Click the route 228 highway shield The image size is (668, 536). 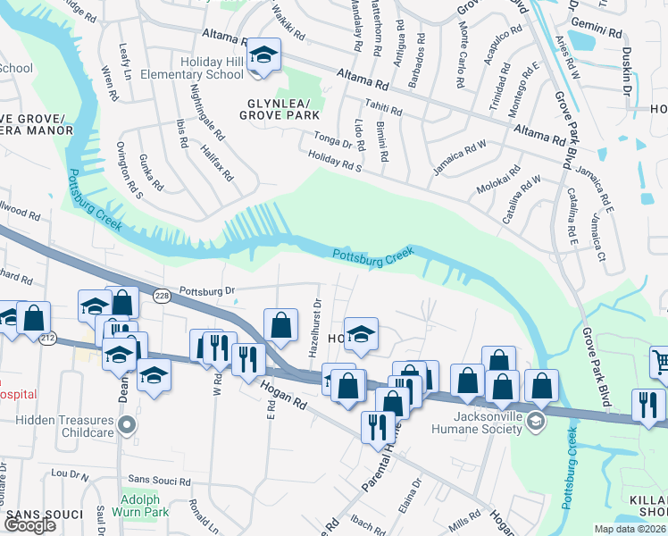tap(162, 297)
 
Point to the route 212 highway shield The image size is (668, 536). tap(49, 337)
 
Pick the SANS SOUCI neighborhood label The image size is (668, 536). tap(45, 515)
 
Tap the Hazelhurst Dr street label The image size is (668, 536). tap(313, 327)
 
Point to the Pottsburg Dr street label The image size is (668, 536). tap(206, 290)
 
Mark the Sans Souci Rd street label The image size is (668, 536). tap(160, 481)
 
